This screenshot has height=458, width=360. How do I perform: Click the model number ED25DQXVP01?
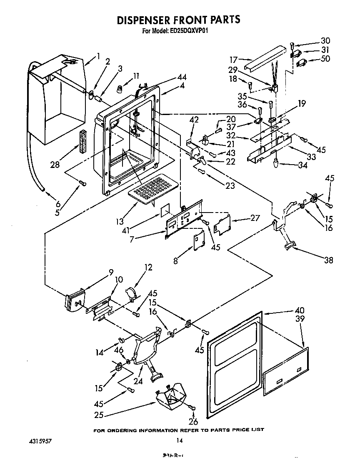pos(190,30)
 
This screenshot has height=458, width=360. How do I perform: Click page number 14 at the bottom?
pos(180,440)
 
